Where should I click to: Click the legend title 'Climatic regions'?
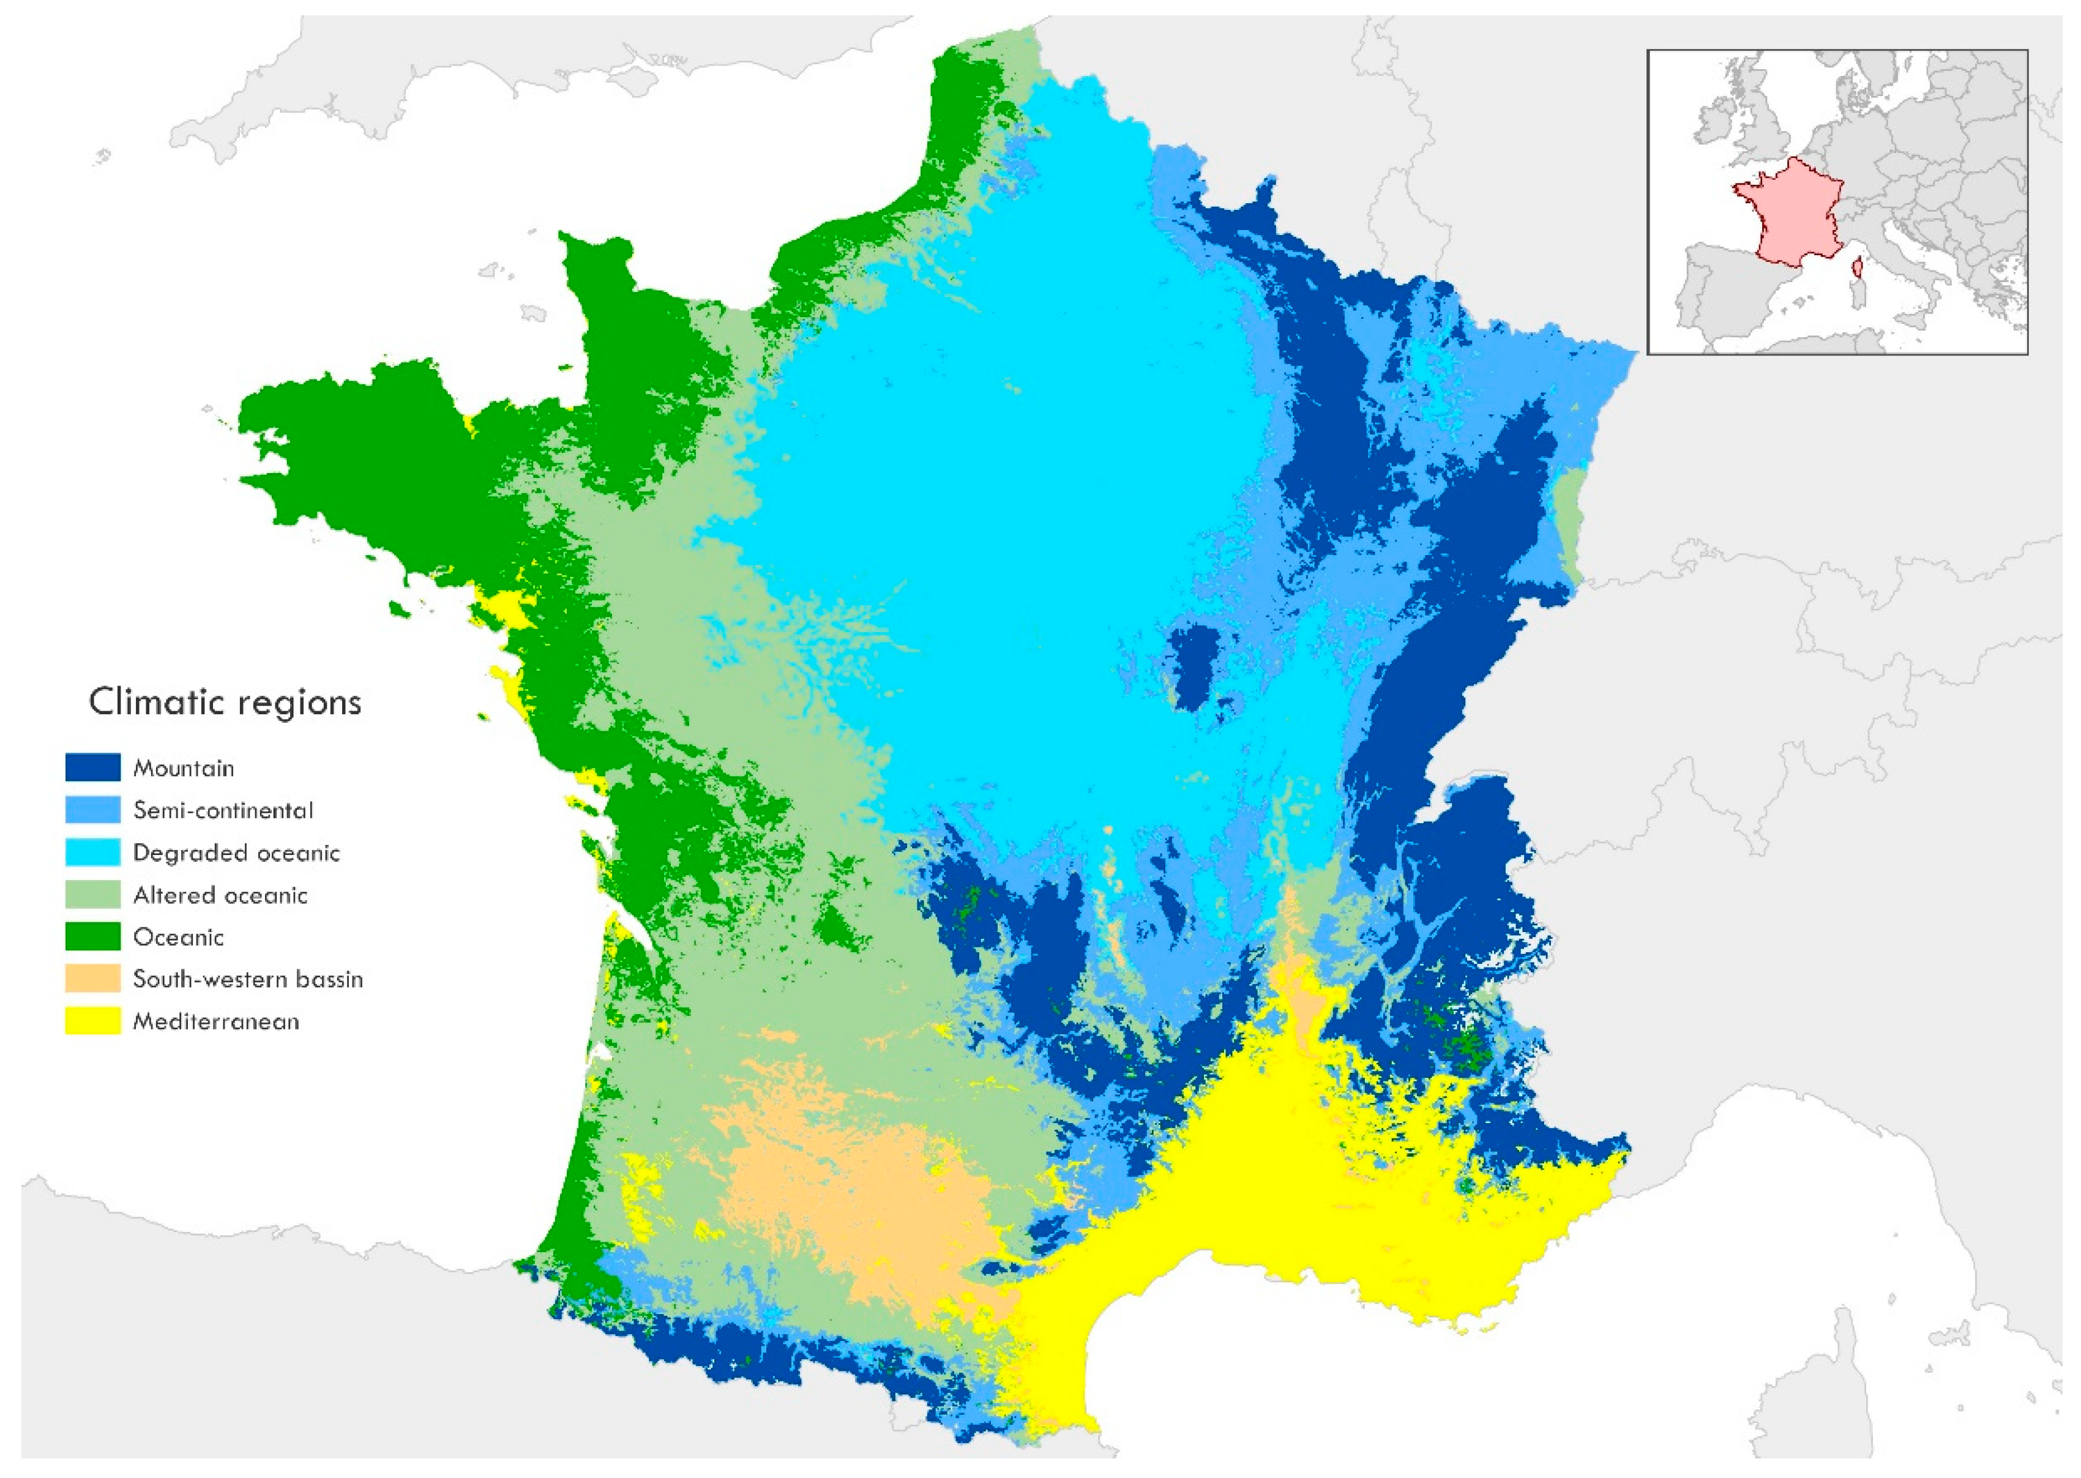coord(225,703)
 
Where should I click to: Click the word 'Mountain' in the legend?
coord(184,768)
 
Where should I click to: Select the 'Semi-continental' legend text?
coord(223,810)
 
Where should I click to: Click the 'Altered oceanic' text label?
coord(220,895)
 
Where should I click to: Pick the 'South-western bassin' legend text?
coord(247,979)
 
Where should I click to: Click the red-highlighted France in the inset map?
coord(1788,214)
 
